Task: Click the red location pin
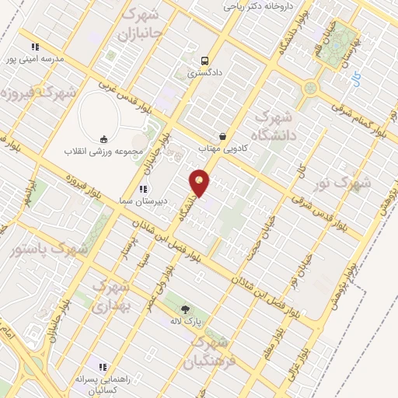click(200, 183)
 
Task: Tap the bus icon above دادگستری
click(204, 61)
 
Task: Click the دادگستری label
click(204, 74)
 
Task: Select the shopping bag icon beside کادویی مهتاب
click(223, 136)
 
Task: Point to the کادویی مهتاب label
click(221, 148)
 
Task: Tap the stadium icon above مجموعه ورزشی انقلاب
click(103, 138)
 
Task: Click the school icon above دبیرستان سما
click(141, 189)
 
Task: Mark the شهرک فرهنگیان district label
click(211, 351)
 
